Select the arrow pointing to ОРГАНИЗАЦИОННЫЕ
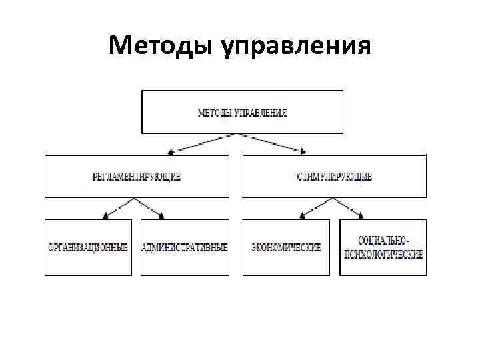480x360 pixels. (120, 208)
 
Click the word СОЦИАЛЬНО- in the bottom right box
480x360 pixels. (383, 240)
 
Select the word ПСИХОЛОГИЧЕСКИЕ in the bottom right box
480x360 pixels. (383, 254)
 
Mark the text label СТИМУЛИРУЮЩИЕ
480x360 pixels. (333, 177)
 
